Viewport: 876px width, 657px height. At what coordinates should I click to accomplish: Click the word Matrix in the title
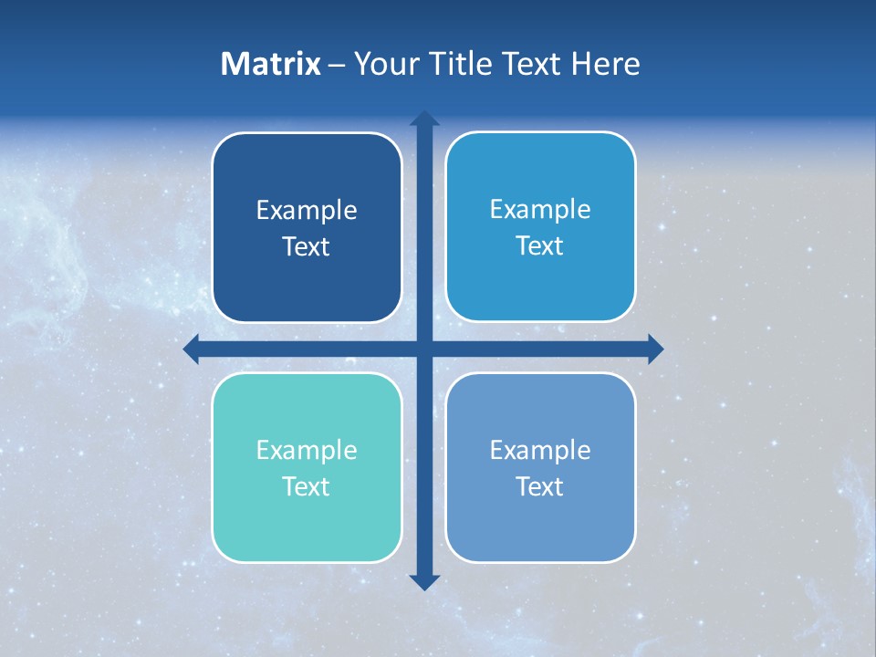271,64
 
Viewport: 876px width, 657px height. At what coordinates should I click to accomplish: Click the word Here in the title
606,64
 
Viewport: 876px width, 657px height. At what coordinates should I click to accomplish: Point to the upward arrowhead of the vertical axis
424,119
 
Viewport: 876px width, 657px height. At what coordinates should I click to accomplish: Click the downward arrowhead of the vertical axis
424,581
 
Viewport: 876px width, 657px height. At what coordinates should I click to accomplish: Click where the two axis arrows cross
424,349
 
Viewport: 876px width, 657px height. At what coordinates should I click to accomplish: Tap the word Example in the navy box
307,211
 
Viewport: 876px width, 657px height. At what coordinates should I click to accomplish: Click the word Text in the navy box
307,247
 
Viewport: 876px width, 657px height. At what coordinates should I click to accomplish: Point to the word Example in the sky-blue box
540,210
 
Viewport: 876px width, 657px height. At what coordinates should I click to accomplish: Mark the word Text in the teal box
307,487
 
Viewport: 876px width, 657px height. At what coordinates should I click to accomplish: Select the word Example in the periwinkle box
540,450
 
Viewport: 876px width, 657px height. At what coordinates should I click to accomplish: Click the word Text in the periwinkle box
540,487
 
